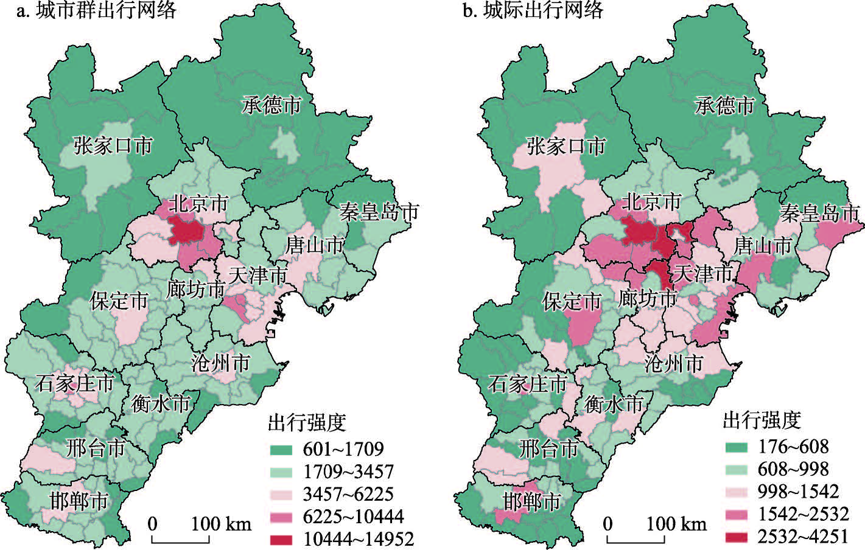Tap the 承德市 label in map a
click(x=271, y=105)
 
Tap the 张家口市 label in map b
click(x=566, y=146)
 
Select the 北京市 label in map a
click(x=198, y=203)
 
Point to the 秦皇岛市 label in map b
click(x=819, y=213)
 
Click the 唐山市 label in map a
click(x=315, y=245)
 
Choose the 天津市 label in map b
click(x=704, y=274)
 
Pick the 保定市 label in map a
click(x=119, y=301)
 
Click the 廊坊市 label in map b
click(x=648, y=298)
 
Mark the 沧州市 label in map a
click(x=220, y=363)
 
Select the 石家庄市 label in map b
click(x=527, y=384)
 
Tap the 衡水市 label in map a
click(x=161, y=403)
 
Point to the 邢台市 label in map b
click(x=548, y=449)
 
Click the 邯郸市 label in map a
click(x=79, y=501)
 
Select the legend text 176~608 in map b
click(x=793, y=447)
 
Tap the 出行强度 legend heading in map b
click(x=762, y=420)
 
